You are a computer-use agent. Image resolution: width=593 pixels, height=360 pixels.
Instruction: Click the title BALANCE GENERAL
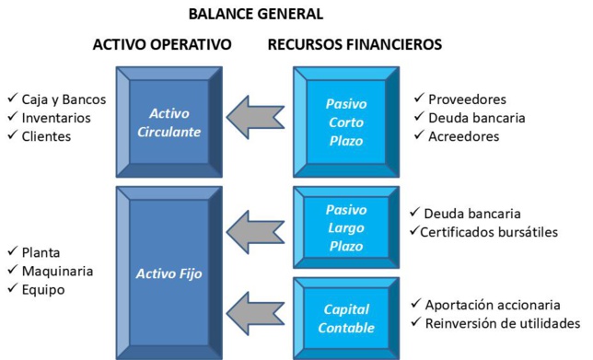click(256, 15)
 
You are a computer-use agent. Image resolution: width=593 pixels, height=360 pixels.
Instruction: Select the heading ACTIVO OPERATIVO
click(162, 44)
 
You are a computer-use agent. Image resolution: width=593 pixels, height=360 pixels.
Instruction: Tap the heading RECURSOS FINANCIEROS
click(355, 44)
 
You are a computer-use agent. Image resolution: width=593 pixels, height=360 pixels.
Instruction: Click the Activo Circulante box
click(169, 122)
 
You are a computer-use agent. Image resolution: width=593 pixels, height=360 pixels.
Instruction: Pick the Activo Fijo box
click(169, 273)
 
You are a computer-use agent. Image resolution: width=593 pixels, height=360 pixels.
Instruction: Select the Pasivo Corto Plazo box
click(345, 122)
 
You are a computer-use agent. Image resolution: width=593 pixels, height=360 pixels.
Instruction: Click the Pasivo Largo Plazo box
click(345, 227)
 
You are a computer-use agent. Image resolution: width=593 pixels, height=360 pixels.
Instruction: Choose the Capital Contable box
click(345, 319)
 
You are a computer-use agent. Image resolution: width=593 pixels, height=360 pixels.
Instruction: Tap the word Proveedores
click(467, 99)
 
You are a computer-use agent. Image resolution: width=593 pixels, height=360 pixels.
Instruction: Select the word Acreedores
click(463, 136)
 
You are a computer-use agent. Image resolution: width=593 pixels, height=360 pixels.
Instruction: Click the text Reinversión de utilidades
click(502, 323)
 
